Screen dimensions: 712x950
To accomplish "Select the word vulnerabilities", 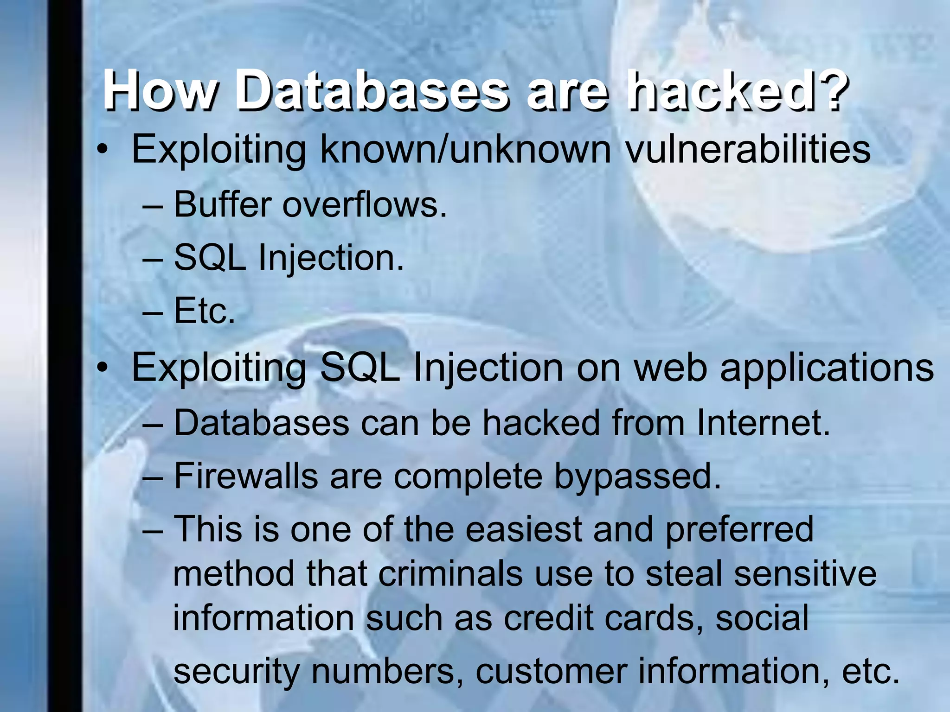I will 748,149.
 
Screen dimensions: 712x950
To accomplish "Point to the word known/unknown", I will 465,149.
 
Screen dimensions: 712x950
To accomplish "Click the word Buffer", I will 222,204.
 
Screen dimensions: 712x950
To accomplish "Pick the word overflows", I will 364,204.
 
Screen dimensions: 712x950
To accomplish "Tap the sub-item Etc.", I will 204,311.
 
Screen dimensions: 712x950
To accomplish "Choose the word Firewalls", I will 245,476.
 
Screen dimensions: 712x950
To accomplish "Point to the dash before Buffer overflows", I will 153,205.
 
